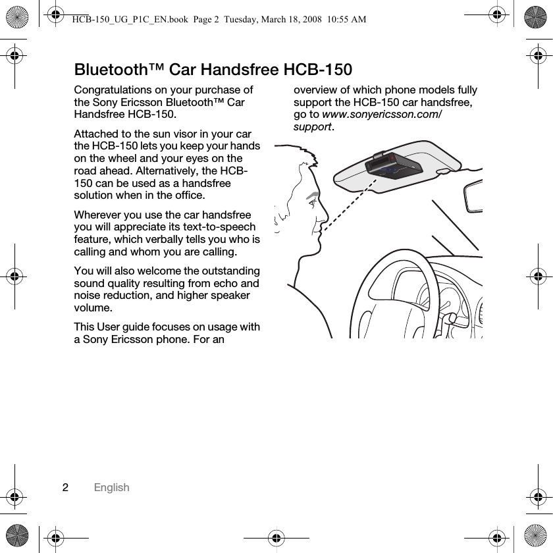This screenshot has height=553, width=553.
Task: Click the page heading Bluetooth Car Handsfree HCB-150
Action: [213, 70]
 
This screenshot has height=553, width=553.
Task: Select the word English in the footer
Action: [111, 488]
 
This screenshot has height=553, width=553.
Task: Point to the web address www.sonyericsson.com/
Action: [382, 115]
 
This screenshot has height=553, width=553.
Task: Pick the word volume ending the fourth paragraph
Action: [93, 308]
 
